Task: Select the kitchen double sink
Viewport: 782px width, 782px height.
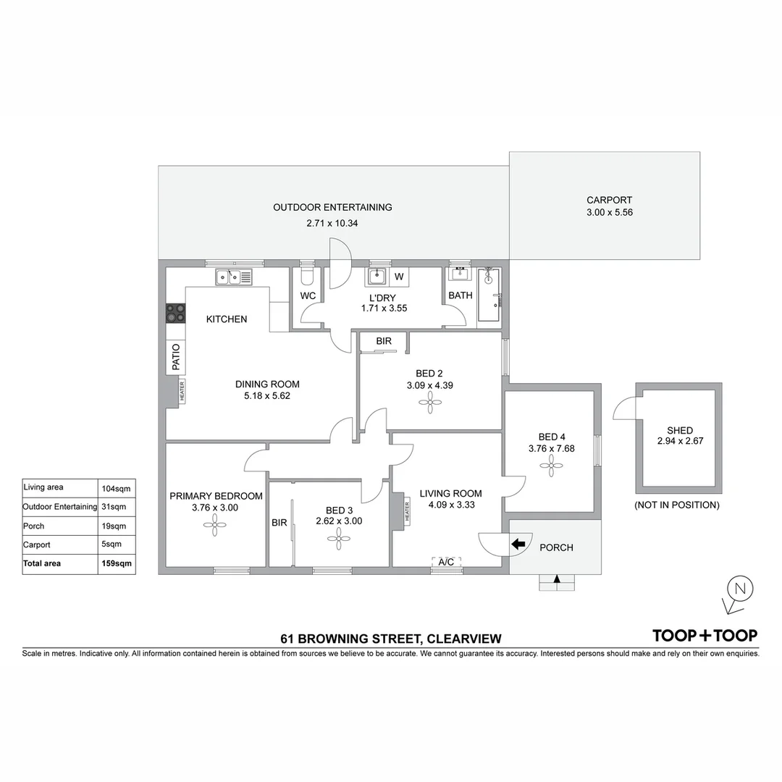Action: [233, 277]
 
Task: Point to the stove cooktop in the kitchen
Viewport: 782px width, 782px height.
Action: [175, 313]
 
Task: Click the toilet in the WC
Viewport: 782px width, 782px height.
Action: [307, 277]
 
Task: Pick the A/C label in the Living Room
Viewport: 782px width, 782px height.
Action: [447, 562]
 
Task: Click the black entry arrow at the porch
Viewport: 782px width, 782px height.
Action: [518, 545]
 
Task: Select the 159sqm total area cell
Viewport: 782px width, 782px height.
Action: [116, 563]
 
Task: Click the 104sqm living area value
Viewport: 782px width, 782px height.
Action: [116, 488]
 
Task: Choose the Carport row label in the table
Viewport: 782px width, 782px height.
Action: [37, 545]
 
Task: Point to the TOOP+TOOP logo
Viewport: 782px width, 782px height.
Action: [705, 636]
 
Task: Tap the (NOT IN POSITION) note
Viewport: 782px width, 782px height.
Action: [676, 505]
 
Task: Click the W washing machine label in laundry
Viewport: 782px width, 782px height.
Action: [399, 277]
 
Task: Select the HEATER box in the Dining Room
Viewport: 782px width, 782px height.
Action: [182, 392]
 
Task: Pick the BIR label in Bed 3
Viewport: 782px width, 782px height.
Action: [279, 522]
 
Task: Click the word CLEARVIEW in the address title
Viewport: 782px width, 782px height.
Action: [464, 639]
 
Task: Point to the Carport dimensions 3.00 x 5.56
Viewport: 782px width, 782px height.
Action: [609, 213]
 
